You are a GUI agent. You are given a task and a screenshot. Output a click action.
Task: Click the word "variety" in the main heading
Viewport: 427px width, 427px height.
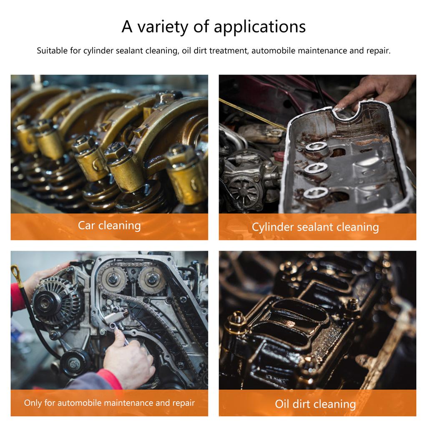[x=163, y=27]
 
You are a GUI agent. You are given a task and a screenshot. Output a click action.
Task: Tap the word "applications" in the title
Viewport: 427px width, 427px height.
[x=260, y=27]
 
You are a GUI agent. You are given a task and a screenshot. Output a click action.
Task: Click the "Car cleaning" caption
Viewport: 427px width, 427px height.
[x=109, y=226]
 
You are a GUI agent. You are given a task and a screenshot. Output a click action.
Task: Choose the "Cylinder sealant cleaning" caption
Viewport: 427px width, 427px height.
[x=315, y=227]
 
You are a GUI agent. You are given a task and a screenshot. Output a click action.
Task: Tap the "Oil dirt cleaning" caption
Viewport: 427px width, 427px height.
[x=315, y=404]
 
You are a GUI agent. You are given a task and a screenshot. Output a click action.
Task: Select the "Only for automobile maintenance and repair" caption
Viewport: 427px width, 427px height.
[x=109, y=403]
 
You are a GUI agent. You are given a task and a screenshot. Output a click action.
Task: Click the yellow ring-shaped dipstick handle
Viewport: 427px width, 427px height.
[x=15, y=273]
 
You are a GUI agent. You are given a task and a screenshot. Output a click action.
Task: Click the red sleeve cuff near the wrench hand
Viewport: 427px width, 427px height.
[x=110, y=379]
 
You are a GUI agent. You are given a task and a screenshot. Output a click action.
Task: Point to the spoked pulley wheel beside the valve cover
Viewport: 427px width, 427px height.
[x=242, y=191]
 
